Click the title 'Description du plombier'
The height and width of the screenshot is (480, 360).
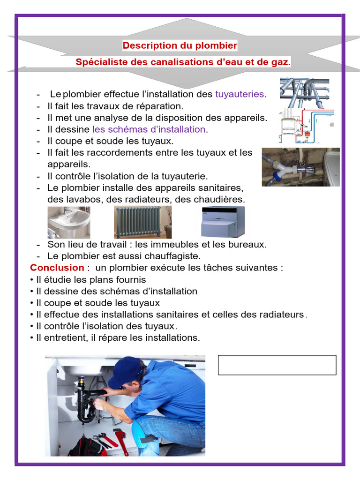(180, 45)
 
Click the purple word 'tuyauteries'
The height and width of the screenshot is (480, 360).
(240, 94)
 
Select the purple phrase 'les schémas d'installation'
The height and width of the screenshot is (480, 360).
(149, 129)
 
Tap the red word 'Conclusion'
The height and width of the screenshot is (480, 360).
(57, 268)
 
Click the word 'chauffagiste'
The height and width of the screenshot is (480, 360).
(172, 256)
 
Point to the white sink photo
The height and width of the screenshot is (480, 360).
(69, 222)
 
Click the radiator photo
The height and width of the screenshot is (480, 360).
(142, 222)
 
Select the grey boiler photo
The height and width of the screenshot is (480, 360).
(223, 222)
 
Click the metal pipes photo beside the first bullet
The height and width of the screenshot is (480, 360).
(305, 92)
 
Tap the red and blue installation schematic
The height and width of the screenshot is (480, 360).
(306, 126)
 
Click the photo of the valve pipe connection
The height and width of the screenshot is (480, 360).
(300, 167)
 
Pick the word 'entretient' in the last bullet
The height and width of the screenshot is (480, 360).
(65, 337)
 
